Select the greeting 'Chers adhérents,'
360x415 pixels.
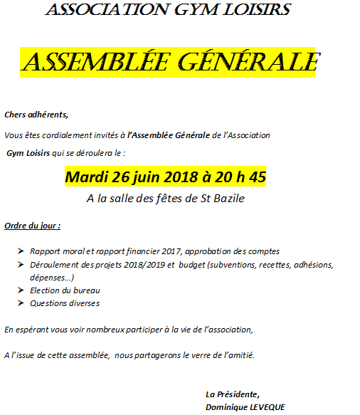coord(36,115)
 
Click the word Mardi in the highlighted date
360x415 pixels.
coord(86,177)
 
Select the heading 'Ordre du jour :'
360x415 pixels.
coord(32,226)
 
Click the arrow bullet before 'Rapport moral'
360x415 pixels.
coord(19,251)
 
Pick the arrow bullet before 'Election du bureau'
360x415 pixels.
coord(19,290)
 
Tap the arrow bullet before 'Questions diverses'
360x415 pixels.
coord(19,303)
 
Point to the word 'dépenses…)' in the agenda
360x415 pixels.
coord(52,278)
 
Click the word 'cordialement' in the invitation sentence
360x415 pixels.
coord(68,135)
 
